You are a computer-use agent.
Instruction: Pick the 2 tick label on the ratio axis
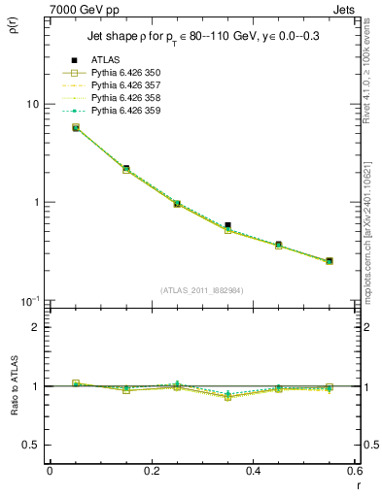click(36, 327)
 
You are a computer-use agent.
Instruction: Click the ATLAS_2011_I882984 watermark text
click(202, 289)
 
